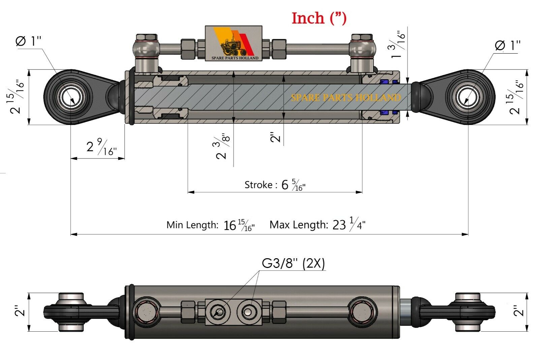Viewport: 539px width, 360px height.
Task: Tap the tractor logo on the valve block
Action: pos(233,45)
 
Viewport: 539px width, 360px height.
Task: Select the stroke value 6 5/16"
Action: pos(293,185)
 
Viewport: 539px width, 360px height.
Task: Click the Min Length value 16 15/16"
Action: pos(239,225)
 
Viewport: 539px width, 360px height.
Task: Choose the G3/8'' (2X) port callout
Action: pos(293,263)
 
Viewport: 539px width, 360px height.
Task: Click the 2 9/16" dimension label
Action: pos(101,147)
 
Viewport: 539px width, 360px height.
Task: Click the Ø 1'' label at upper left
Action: pos(28,41)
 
